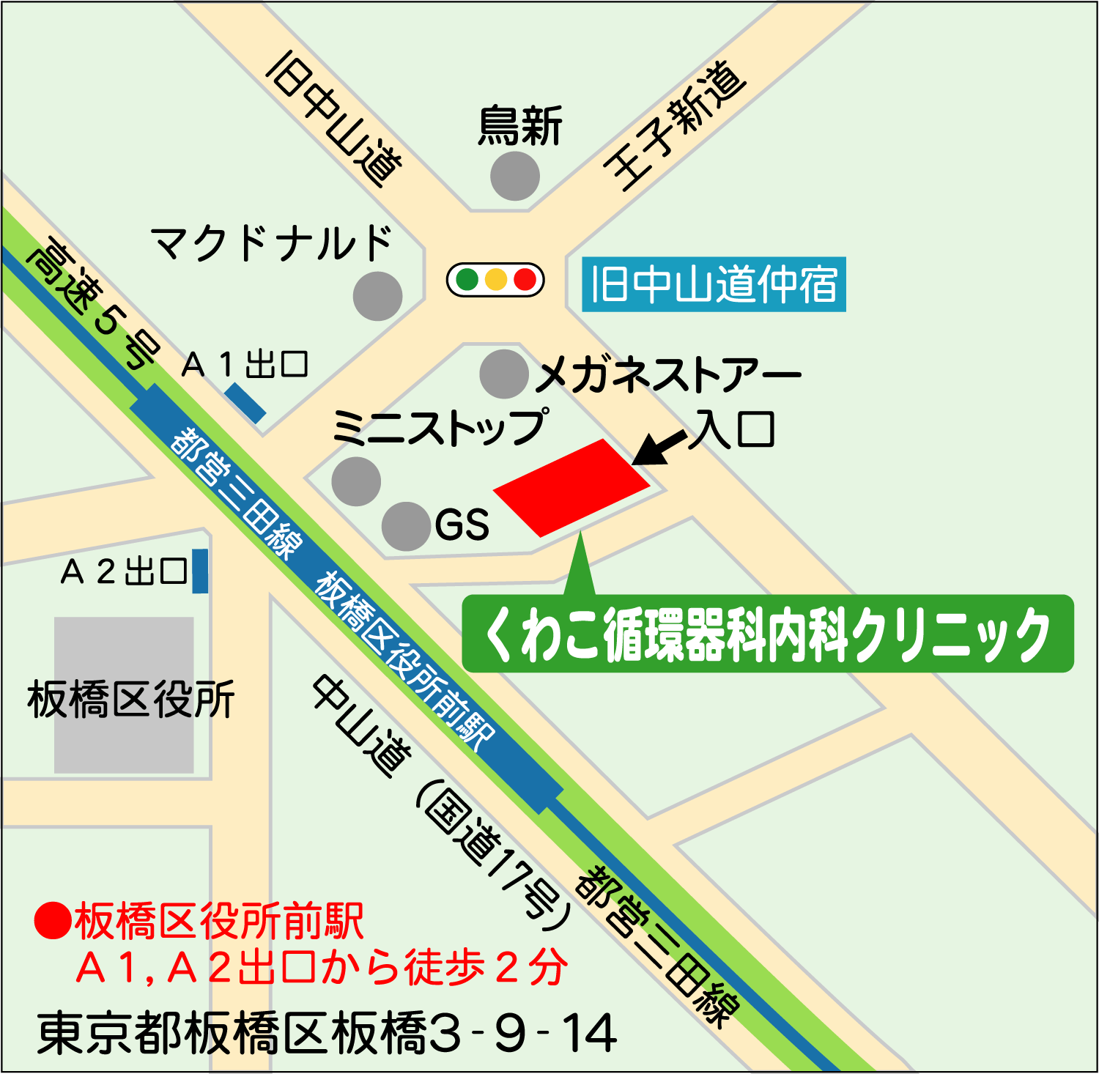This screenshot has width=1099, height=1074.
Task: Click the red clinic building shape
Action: click(571, 487)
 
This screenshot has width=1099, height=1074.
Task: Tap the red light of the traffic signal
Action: click(525, 279)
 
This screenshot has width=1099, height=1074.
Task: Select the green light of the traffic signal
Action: click(467, 279)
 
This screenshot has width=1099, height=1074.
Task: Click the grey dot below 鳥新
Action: click(515, 176)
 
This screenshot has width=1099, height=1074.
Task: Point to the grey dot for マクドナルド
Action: click(377, 296)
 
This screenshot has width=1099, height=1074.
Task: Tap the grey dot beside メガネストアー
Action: click(504, 374)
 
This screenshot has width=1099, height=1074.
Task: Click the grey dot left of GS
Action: click(406, 526)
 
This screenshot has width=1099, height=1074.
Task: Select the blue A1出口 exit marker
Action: click(245, 403)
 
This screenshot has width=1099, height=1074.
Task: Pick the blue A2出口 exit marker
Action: click(200, 571)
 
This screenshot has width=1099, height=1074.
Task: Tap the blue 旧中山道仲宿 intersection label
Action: click(714, 284)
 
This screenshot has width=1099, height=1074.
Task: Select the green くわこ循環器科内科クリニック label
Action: click(767, 634)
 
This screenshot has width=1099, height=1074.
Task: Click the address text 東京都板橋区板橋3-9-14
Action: click(327, 1033)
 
